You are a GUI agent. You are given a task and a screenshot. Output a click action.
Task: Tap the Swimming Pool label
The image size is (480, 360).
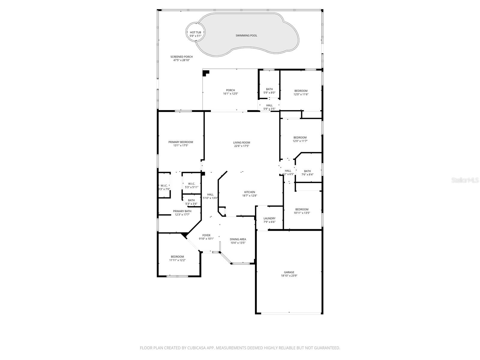(246, 35)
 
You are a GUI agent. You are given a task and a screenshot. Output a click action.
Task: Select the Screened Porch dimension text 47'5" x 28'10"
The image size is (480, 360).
(181, 60)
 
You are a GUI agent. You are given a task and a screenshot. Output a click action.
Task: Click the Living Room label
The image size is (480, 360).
(241, 142)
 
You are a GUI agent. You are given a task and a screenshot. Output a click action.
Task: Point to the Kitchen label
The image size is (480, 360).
(250, 192)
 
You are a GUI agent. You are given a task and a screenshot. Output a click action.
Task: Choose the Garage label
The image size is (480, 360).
(289, 272)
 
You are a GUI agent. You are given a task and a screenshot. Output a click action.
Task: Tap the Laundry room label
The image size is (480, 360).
(269, 218)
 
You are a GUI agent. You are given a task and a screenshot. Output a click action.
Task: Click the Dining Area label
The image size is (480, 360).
(238, 239)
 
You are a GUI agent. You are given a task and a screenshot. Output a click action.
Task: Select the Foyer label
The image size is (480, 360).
(206, 235)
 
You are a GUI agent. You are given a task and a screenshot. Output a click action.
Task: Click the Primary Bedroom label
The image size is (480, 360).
(181, 142)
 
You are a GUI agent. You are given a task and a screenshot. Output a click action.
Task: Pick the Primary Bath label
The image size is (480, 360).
(182, 211)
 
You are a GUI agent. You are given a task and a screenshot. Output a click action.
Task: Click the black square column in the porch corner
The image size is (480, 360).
(206, 73)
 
